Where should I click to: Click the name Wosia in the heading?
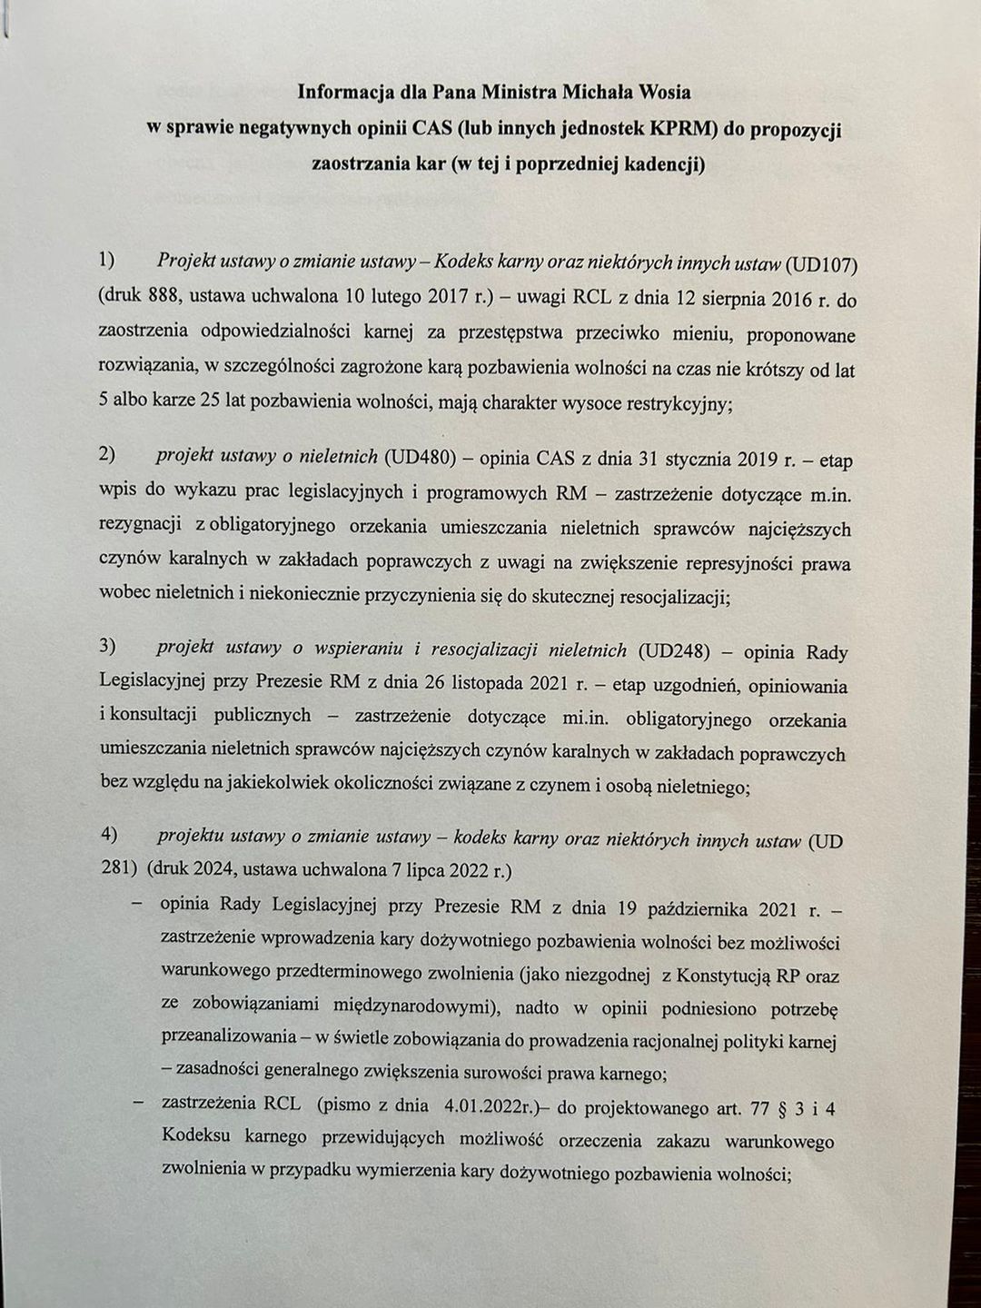click(659, 92)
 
